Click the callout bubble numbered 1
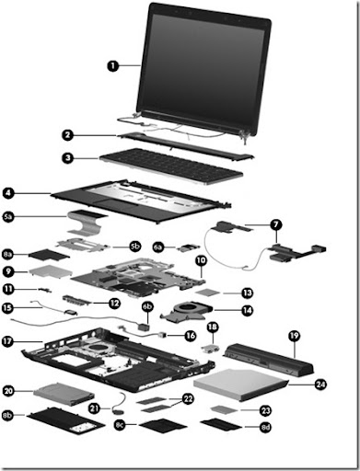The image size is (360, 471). [x=113, y=65]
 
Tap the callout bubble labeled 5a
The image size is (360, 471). [x=8, y=217]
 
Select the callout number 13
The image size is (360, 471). [x=248, y=293]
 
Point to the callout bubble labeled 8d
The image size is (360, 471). [x=265, y=427]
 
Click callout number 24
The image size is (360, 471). [x=320, y=384]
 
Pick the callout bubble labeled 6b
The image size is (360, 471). [x=147, y=306]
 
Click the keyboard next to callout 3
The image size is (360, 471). [x=171, y=166]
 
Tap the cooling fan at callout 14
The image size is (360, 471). [x=186, y=311]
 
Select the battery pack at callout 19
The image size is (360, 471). [x=270, y=359]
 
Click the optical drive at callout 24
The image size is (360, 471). [x=241, y=385]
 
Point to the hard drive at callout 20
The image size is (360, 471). [x=64, y=394]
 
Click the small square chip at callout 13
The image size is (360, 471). [x=208, y=293]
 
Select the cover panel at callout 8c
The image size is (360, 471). [x=163, y=426]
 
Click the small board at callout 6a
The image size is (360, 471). [x=188, y=247]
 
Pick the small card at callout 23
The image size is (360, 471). [x=225, y=409]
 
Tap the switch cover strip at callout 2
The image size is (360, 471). [x=185, y=146]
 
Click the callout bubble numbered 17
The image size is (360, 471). [x=7, y=341]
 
